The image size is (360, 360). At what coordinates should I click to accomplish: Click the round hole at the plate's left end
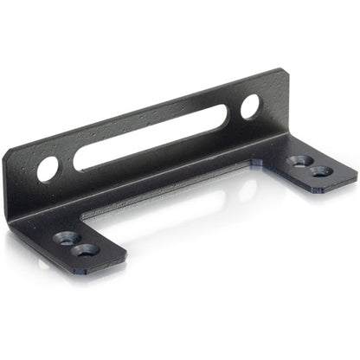click(48, 168)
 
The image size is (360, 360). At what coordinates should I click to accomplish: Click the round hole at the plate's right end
click(249, 106)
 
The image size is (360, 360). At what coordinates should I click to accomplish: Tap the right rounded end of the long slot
click(223, 115)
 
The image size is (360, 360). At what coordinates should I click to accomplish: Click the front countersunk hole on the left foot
click(86, 251)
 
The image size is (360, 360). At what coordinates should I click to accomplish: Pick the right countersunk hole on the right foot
click(322, 170)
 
